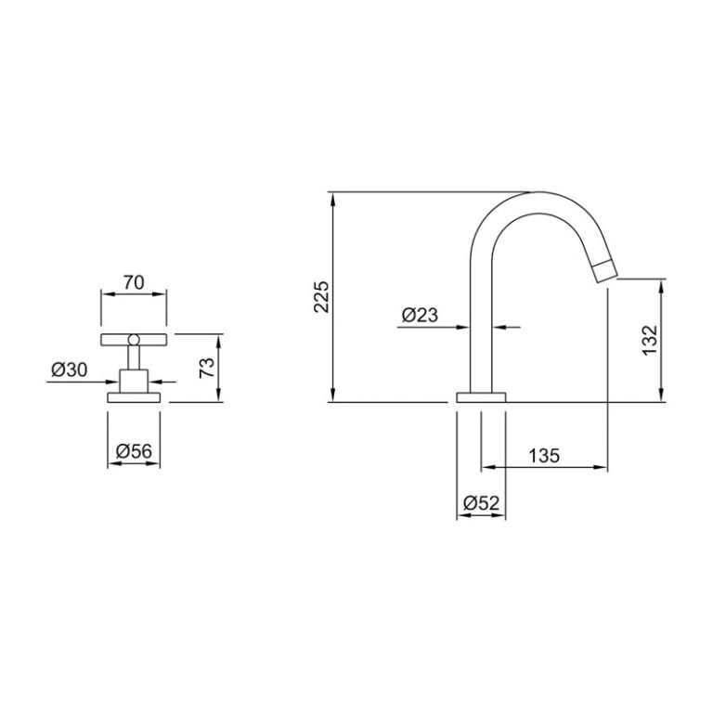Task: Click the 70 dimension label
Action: coord(134,282)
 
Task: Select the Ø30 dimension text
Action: coord(69,369)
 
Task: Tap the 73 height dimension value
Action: coord(207,368)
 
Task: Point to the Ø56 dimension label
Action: coord(134,451)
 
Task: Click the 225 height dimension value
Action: coord(321,296)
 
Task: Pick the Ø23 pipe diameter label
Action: coord(420,315)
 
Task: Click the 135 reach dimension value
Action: coord(544,455)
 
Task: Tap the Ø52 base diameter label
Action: coord(481,503)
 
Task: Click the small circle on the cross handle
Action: coord(134,339)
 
